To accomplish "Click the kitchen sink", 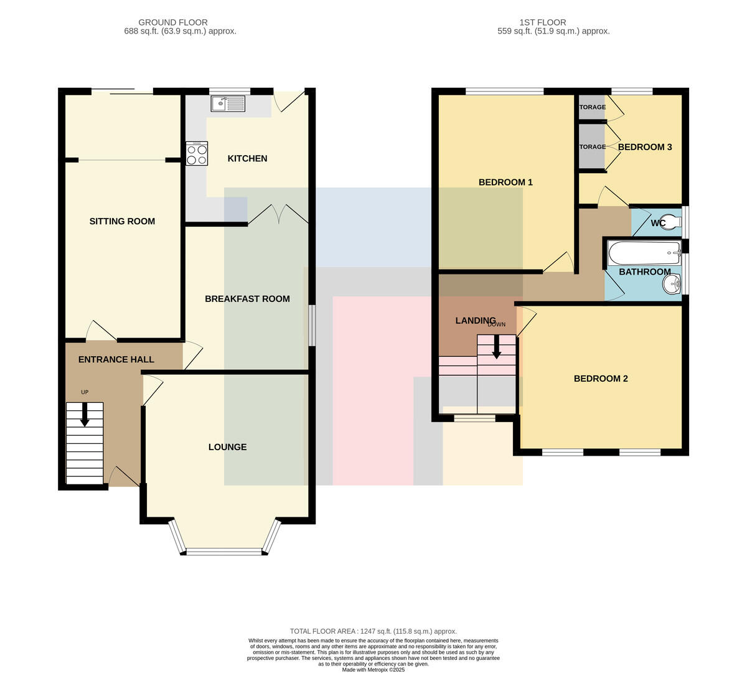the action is point(228,103).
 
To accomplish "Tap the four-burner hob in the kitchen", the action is point(197,153).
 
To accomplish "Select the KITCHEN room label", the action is point(247,159).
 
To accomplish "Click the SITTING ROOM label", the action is point(122,221).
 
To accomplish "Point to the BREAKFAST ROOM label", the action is point(247,299).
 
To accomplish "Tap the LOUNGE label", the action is point(228,447).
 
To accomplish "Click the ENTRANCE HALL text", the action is point(116,359).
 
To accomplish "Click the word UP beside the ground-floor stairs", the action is point(85,392).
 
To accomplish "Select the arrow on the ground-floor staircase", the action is point(85,415).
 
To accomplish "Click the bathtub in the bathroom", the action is point(644,253).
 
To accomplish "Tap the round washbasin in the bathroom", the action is point(672,284).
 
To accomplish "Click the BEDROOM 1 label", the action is point(505,182).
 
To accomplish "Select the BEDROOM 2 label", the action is point(601,379).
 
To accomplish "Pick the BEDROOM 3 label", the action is point(645,147).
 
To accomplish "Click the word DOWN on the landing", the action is point(497,324).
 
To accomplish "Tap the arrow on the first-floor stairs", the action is point(496,347).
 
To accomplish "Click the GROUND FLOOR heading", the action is point(173,22).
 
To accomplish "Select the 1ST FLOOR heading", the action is point(543,22).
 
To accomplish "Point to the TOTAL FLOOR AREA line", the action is point(373,631).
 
